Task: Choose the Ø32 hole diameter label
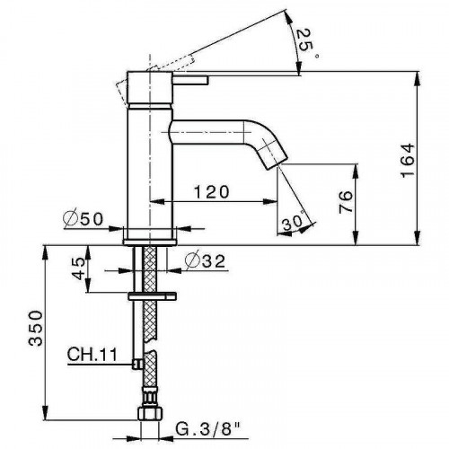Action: (x=201, y=261)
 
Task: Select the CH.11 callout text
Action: (x=92, y=354)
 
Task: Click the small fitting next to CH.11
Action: (x=135, y=362)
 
